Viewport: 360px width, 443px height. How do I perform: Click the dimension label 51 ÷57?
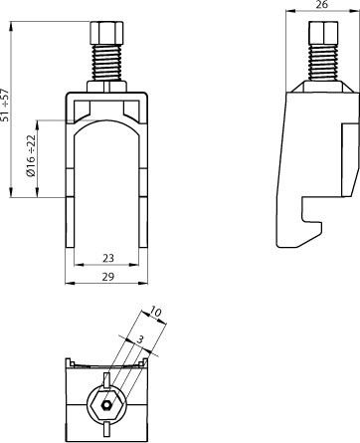pos(5,105)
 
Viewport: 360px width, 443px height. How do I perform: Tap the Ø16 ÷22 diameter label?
pos(31,155)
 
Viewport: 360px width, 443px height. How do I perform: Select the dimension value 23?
pos(108,258)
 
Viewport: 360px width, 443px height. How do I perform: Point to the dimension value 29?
pos(108,277)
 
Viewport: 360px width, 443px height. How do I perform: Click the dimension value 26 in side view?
pos(321,4)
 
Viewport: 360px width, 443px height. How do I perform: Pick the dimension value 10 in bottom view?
pos(155,312)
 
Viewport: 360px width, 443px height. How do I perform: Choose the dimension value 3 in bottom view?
pos(140,339)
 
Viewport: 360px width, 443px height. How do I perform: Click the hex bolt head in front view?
pos(106,33)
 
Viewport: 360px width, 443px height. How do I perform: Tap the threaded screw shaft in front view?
pos(106,63)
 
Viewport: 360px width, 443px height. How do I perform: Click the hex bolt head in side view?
pos(324,33)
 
